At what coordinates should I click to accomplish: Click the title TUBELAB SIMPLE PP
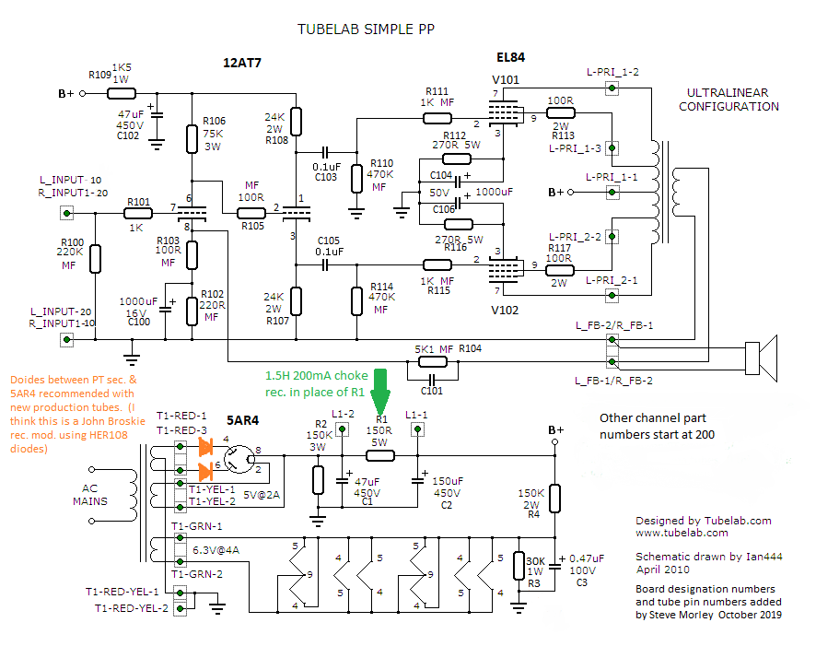(366, 29)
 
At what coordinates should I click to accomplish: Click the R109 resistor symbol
(122, 94)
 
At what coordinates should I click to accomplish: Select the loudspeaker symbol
(761, 358)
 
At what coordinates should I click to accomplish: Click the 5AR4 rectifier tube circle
(239, 459)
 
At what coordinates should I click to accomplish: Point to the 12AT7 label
(242, 63)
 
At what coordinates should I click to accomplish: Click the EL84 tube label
(510, 57)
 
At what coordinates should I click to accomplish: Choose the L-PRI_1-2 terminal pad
(612, 88)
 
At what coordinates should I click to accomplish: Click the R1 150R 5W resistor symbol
(380, 456)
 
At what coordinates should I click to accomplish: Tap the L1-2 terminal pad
(342, 429)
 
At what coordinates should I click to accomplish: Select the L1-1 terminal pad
(417, 429)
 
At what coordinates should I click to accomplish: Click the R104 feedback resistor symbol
(432, 362)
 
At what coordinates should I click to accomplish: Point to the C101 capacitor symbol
(432, 379)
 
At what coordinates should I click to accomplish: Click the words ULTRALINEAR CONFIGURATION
(729, 100)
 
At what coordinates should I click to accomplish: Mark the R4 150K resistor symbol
(555, 499)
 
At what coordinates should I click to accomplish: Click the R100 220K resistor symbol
(95, 259)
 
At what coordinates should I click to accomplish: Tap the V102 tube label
(505, 311)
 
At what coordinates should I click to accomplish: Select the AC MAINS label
(90, 495)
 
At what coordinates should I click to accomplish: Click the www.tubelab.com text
(682, 533)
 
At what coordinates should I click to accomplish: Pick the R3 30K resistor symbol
(519, 566)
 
